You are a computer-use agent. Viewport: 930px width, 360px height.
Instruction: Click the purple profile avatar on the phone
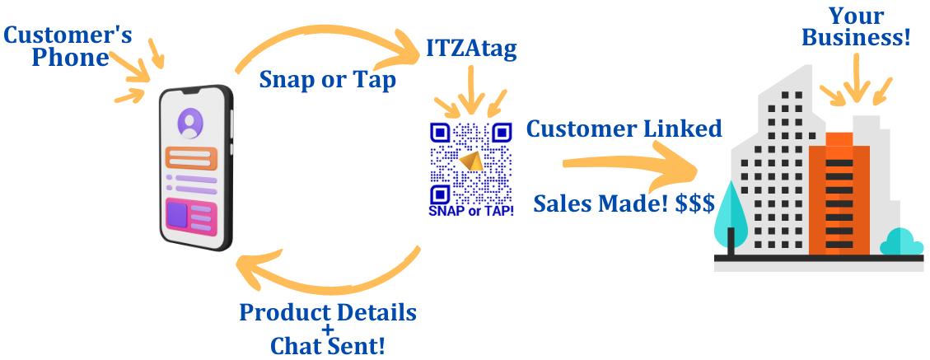189,124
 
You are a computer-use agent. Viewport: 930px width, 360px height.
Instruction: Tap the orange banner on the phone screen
191,158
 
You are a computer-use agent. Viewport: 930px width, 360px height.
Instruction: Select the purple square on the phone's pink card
177,214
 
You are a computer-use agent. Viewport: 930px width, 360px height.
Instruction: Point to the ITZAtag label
471,49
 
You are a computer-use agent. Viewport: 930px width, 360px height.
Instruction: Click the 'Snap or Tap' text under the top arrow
327,80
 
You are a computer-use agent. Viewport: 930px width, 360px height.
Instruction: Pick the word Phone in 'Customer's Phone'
71,58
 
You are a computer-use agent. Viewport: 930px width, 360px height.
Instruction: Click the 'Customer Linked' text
624,129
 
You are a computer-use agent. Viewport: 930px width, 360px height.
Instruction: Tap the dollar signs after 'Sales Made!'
695,203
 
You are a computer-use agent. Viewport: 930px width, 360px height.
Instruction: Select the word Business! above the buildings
856,38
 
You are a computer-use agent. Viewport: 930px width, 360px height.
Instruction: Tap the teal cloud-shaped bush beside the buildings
901,242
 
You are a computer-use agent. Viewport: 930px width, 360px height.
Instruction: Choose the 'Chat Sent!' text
328,345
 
